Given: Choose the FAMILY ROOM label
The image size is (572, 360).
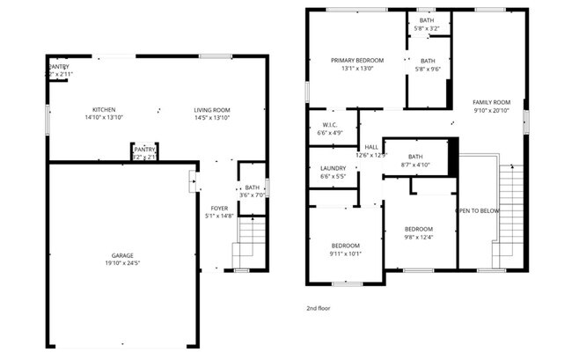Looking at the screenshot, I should (491, 103).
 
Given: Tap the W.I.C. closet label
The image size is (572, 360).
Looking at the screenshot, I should (330, 125).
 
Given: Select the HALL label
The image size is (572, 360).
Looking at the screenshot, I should (371, 147).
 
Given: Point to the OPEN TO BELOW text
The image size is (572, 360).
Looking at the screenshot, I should (477, 211).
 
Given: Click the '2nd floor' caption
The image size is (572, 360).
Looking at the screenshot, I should (318, 310).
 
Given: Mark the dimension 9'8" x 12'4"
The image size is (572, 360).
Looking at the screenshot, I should (418, 236).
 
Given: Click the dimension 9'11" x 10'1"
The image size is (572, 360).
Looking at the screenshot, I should (346, 253).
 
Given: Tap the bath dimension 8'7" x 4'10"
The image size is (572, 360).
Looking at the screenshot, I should (414, 165).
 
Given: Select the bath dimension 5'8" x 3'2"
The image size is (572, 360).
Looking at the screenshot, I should (427, 28).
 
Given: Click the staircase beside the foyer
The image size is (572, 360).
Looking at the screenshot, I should (251, 241).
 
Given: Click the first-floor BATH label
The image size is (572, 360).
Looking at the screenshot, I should (252, 187).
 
